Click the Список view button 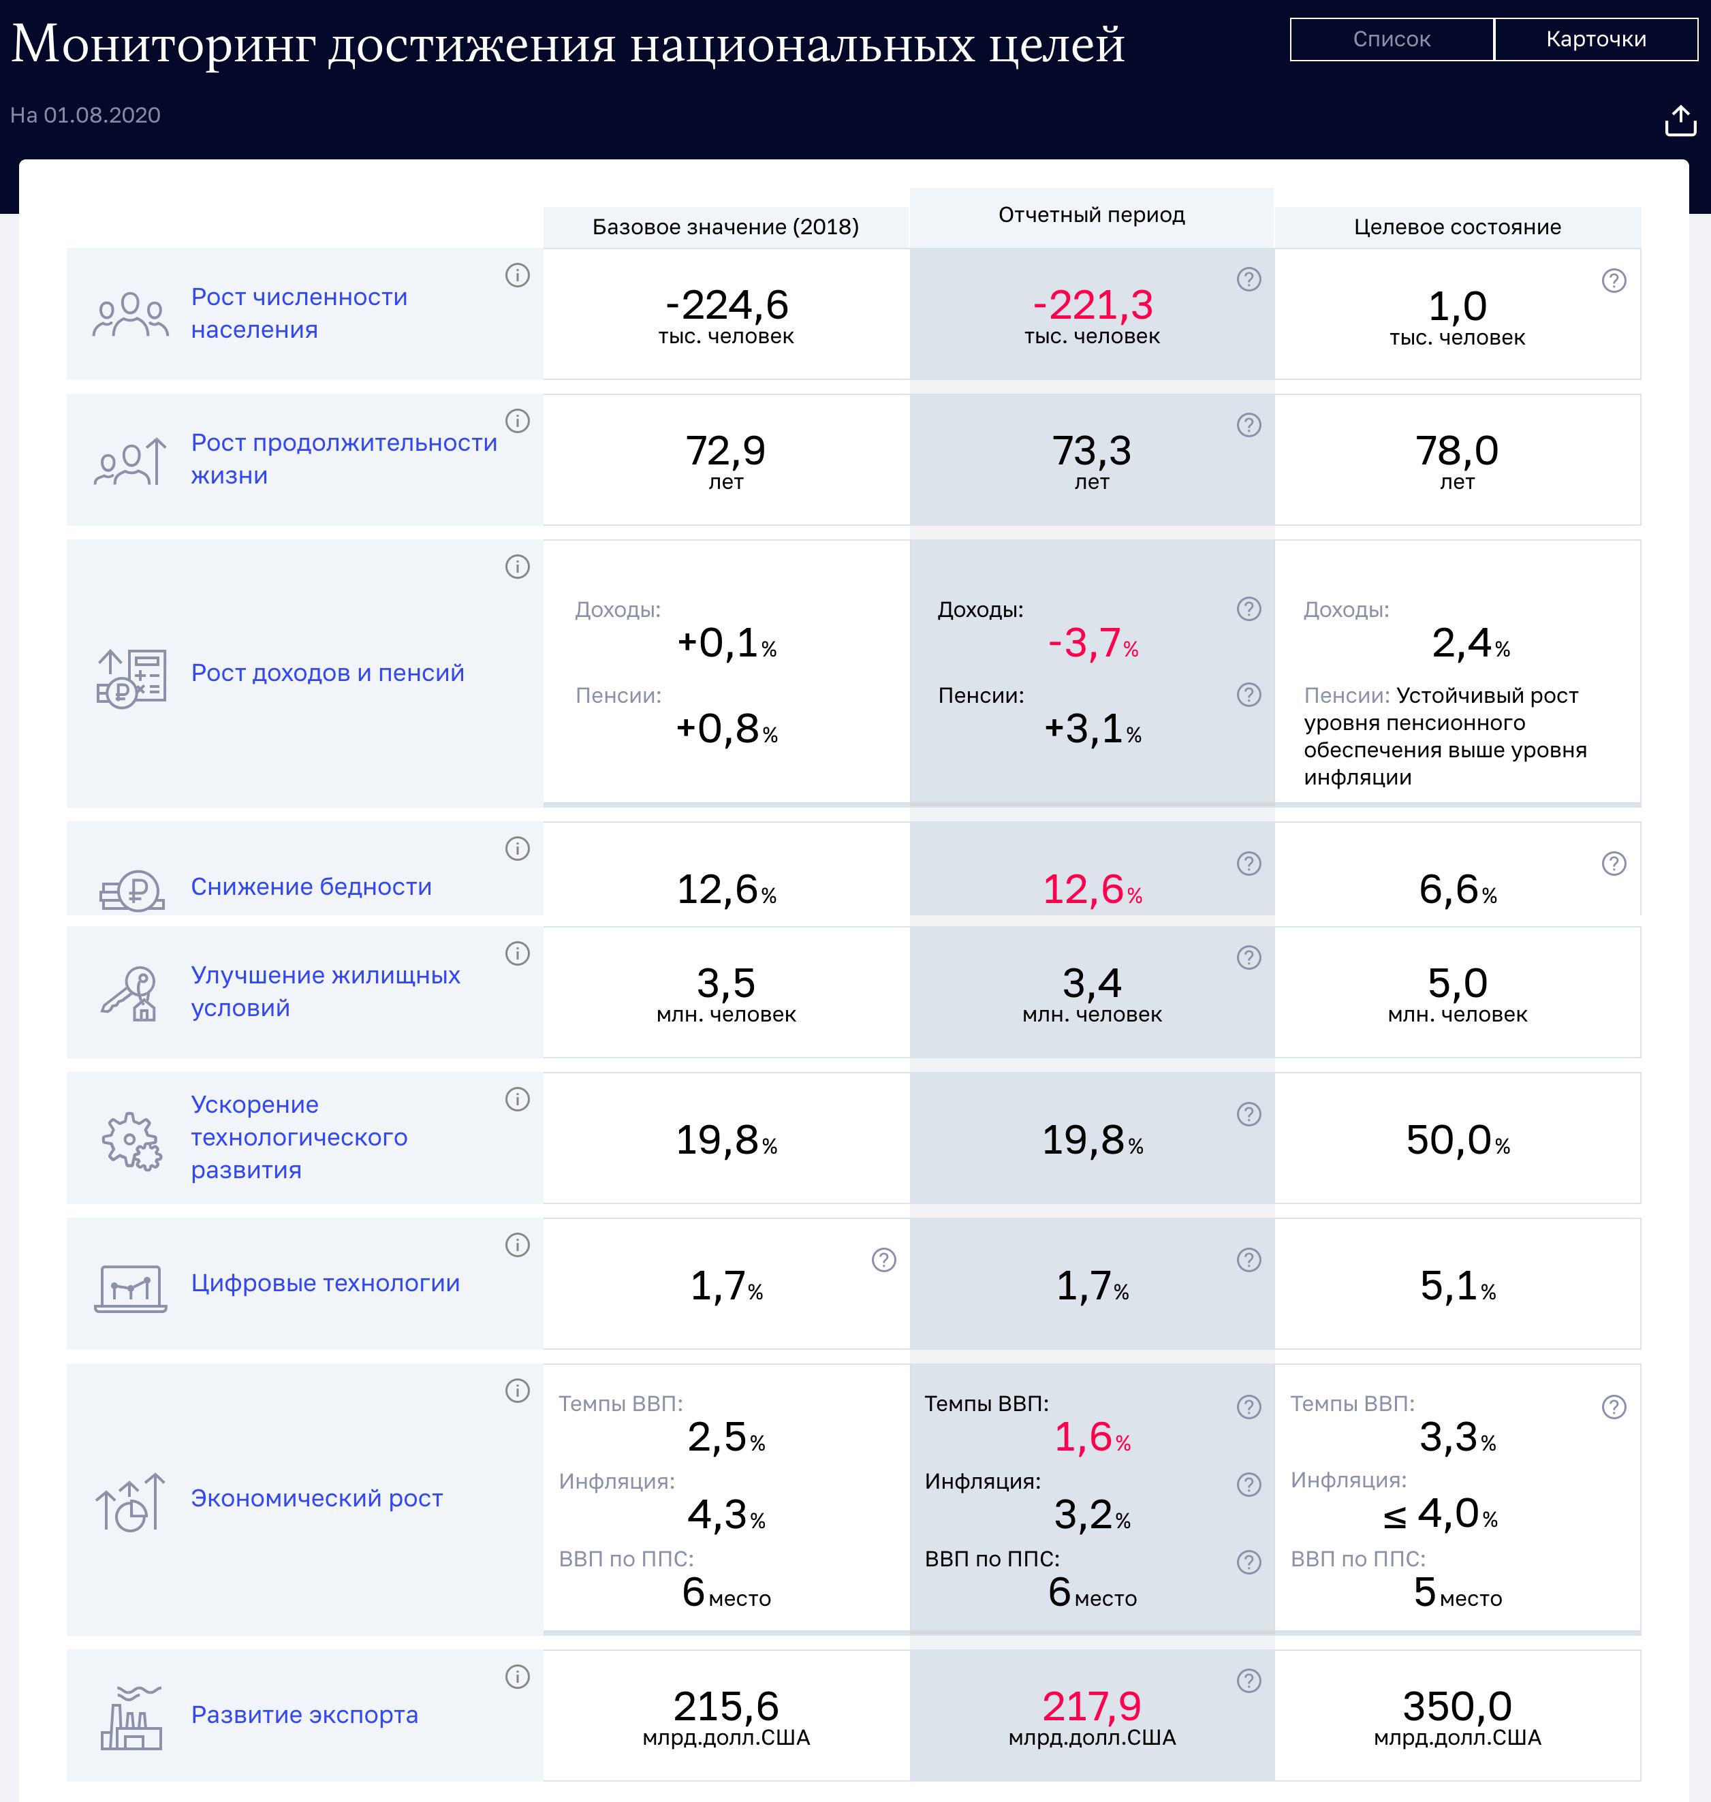point(1391,39)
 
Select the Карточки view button point(1595,39)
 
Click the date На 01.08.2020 point(85,115)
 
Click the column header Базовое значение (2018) point(725,227)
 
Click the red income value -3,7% point(1092,644)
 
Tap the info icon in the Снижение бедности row point(517,849)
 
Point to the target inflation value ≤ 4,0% point(1441,1515)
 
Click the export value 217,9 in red point(1092,1706)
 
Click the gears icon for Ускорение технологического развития point(130,1140)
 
